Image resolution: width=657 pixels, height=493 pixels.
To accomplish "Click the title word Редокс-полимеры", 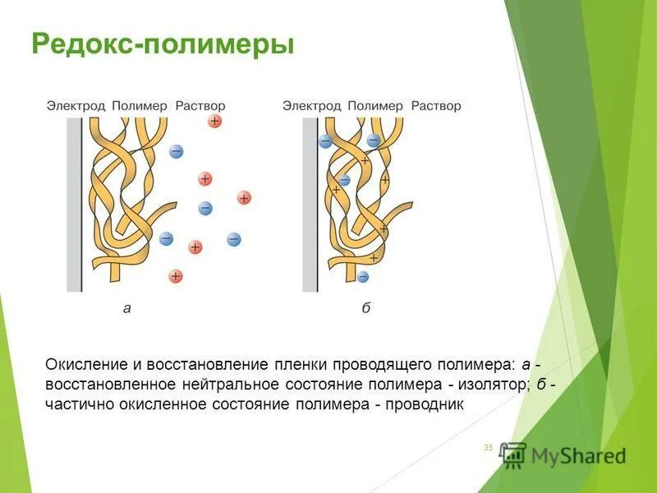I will click(x=162, y=44).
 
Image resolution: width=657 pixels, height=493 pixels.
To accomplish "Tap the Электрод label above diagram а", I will click(x=76, y=106).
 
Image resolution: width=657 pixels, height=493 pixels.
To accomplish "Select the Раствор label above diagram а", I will click(x=200, y=106).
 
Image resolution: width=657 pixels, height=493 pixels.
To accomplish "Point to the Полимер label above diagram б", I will click(x=375, y=106).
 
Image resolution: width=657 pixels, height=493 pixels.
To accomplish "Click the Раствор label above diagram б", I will click(x=436, y=106).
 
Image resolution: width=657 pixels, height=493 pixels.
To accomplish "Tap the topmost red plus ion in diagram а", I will click(x=214, y=121).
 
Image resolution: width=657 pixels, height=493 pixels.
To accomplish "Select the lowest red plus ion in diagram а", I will click(x=176, y=276).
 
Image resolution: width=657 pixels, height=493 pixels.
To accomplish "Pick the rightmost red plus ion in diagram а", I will click(x=244, y=197).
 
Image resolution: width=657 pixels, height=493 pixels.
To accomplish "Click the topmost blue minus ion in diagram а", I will click(x=176, y=151).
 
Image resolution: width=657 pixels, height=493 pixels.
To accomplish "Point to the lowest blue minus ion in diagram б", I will click(x=363, y=277).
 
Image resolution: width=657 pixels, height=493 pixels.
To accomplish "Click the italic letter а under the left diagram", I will click(x=126, y=309).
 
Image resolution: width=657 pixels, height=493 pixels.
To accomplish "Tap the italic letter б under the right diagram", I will click(x=365, y=309).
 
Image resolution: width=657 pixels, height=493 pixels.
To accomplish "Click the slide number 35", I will click(x=488, y=447).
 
